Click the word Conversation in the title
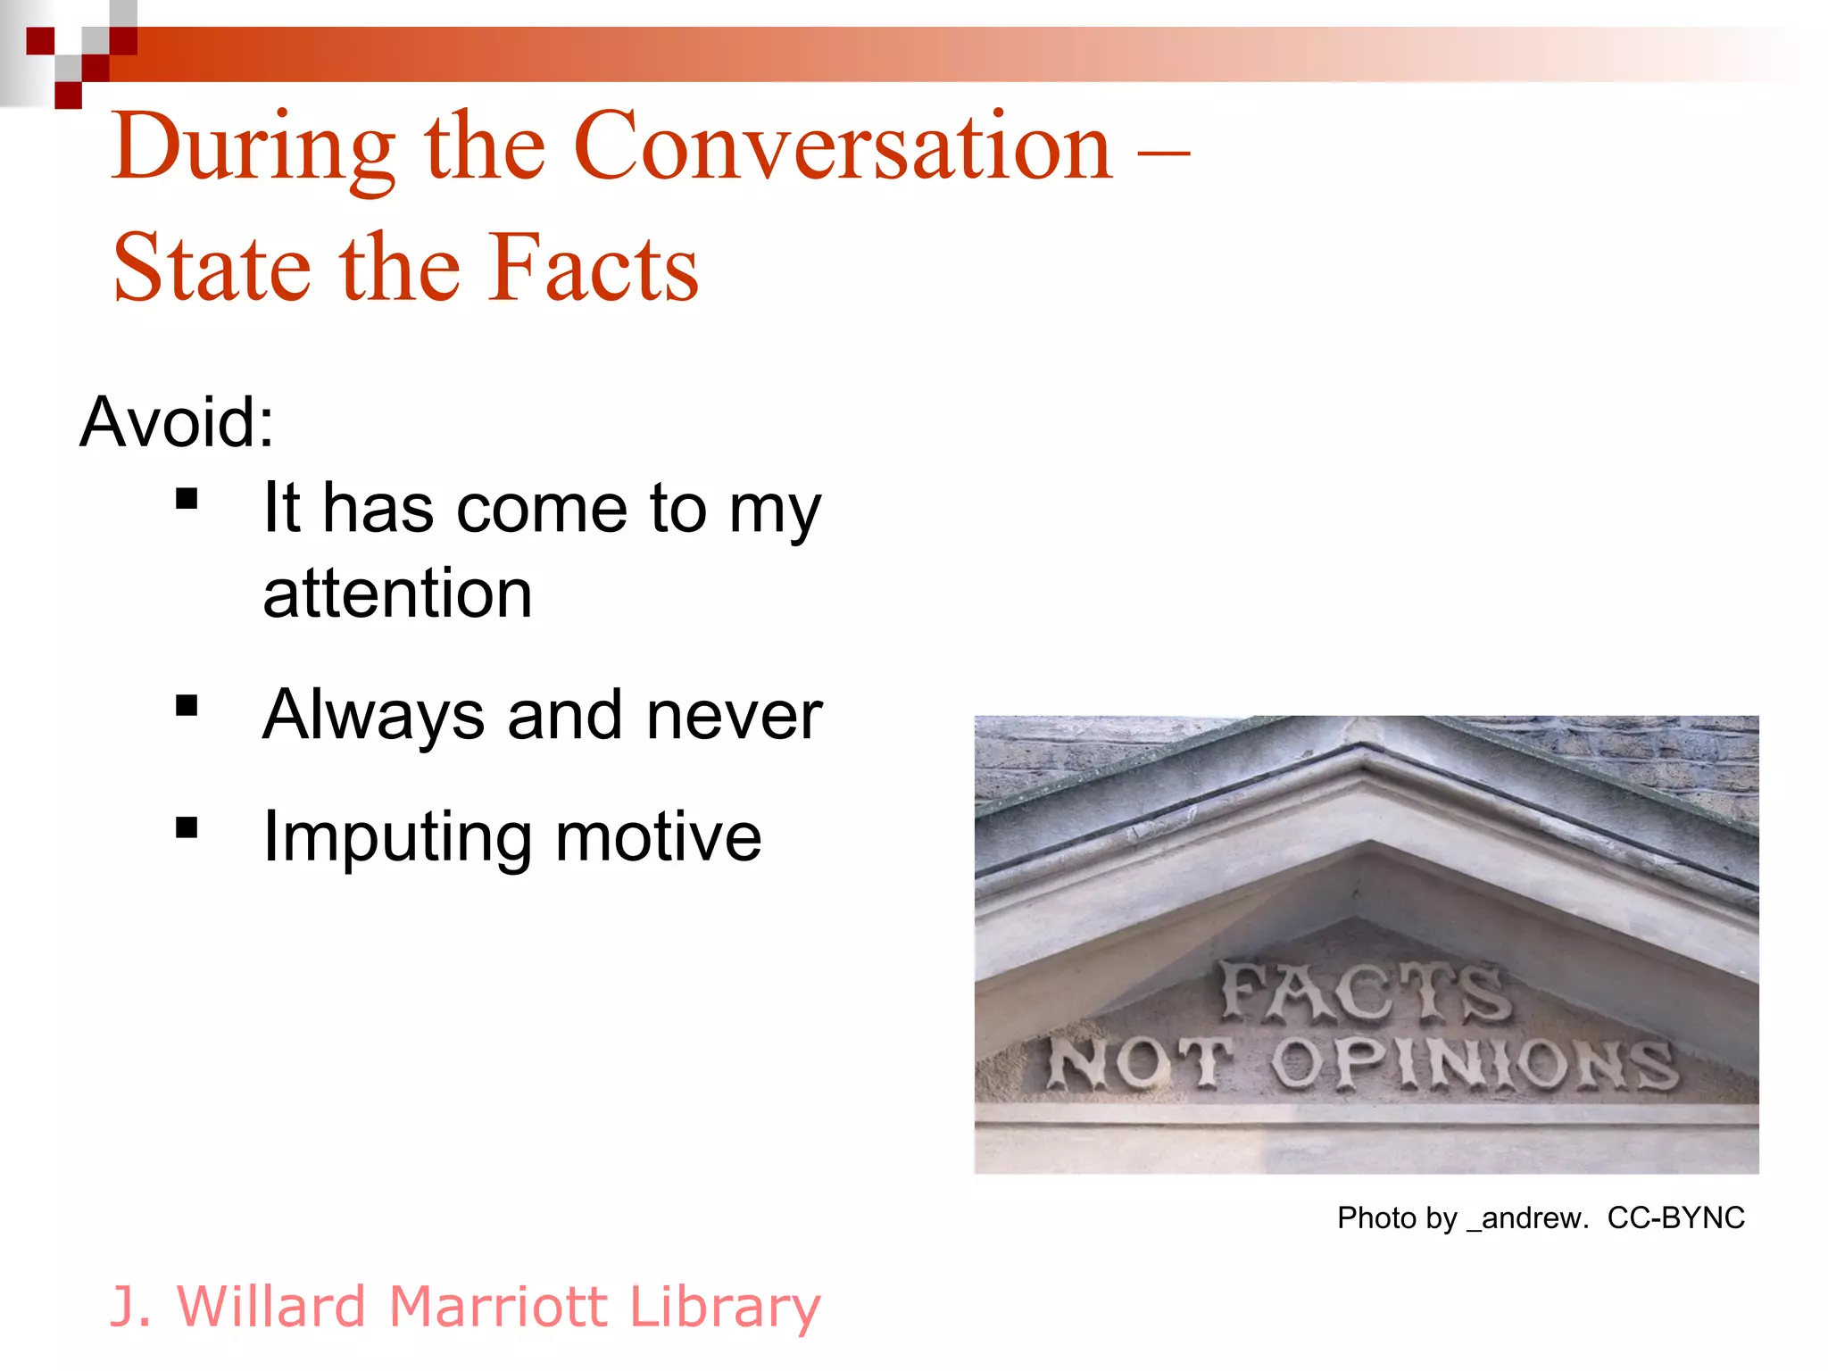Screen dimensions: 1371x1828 coord(843,147)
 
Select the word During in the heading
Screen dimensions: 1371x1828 coord(253,147)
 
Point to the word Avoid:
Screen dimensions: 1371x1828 coord(177,422)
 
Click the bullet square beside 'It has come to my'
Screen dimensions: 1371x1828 coord(187,498)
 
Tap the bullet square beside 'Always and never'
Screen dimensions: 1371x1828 coord(187,706)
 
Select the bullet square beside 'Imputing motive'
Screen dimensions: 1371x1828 coord(187,828)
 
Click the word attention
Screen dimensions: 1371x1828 coord(397,594)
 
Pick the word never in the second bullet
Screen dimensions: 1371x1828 coord(734,715)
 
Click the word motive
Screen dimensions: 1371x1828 coord(658,837)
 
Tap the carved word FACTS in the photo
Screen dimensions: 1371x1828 coord(1366,991)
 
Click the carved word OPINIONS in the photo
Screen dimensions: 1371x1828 coord(1475,1064)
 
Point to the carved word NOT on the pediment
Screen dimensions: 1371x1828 coord(1139,1062)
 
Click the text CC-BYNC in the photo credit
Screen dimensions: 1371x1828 coord(1675,1217)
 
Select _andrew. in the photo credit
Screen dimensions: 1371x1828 coord(1527,1217)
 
